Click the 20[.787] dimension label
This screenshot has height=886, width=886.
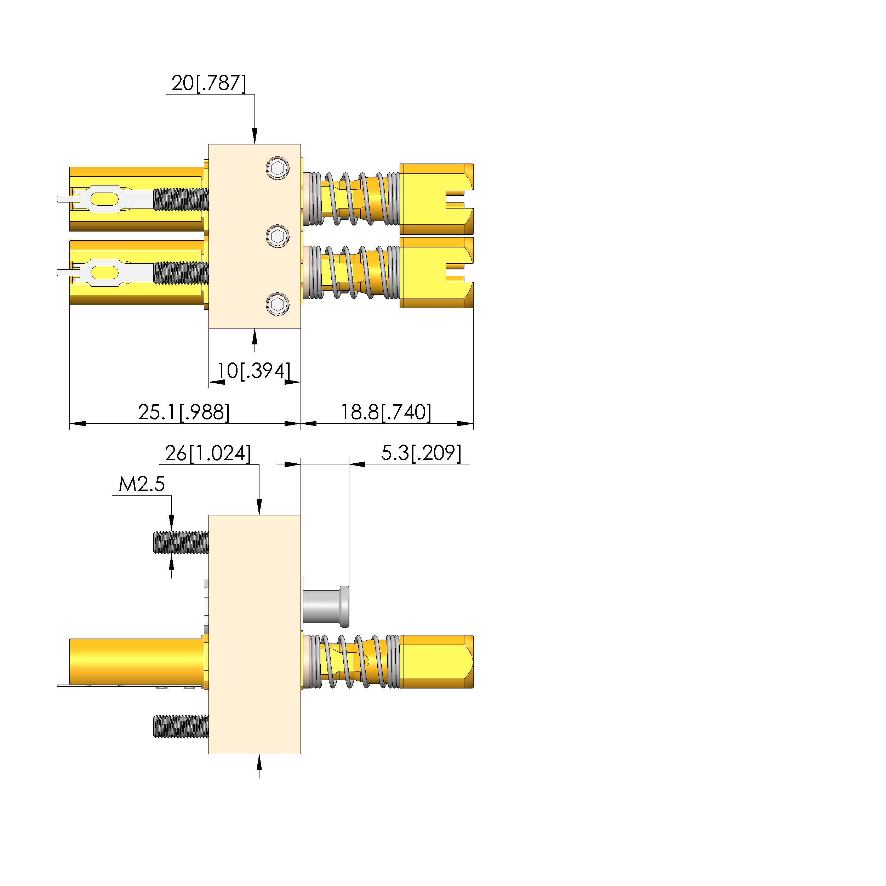208,83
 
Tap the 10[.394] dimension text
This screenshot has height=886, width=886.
253,371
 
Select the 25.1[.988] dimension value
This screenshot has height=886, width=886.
183,412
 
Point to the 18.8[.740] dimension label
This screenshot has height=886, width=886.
386,412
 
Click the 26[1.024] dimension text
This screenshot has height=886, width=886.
208,453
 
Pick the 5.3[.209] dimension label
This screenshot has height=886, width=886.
421,453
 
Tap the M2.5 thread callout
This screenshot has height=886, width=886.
142,484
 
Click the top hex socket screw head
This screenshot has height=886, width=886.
278,168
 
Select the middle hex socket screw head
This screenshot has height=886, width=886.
278,236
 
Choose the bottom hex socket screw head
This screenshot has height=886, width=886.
278,304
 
